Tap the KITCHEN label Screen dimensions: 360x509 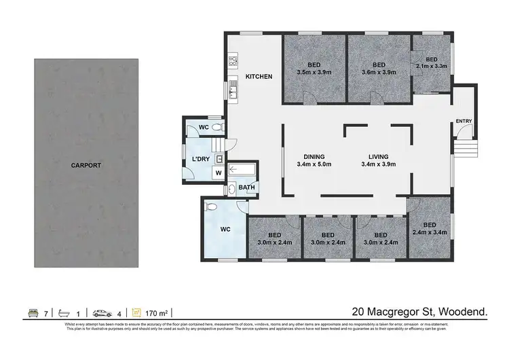tap(259, 77)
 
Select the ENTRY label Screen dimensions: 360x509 tap(464, 121)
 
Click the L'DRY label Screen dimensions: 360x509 tap(201, 159)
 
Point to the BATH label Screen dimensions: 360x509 tap(246, 187)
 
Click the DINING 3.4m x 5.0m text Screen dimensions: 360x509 tap(314, 160)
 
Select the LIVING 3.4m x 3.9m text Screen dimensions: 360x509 tap(378, 160)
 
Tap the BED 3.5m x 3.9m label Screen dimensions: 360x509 tap(314, 69)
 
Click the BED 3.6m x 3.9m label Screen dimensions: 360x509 tap(379, 69)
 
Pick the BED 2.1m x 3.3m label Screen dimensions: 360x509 tap(432, 62)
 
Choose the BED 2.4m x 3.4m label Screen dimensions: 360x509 tap(429, 229)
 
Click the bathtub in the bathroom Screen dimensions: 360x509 tap(240, 170)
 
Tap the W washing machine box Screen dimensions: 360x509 tap(219, 173)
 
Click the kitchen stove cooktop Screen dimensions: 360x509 tap(232, 60)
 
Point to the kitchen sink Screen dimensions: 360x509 tap(232, 89)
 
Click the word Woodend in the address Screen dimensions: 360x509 tap(464, 312)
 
